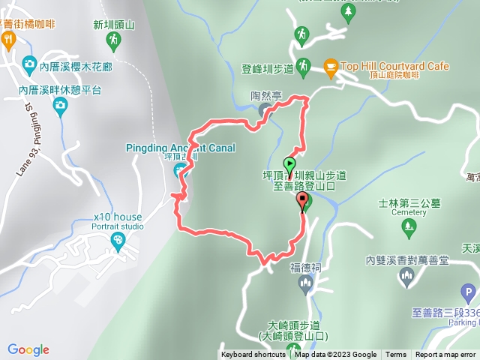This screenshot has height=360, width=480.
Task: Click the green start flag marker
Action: coord(289,164)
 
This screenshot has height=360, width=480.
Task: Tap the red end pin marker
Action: coord(303,200)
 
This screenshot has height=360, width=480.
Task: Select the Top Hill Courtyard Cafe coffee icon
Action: coord(330,67)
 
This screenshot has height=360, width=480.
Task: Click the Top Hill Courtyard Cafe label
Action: coord(394,67)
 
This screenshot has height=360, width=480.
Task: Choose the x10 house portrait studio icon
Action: coord(118,240)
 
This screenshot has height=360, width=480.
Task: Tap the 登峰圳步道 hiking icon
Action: coord(302,67)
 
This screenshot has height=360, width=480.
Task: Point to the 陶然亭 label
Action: coord(265,97)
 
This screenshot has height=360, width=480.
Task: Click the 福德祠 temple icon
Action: coord(304,283)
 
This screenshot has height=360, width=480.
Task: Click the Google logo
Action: coord(28,349)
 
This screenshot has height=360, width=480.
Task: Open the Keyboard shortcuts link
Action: coord(253,355)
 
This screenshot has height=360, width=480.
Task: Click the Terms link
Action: coord(396,355)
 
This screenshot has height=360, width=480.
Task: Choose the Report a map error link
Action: coord(445,355)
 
